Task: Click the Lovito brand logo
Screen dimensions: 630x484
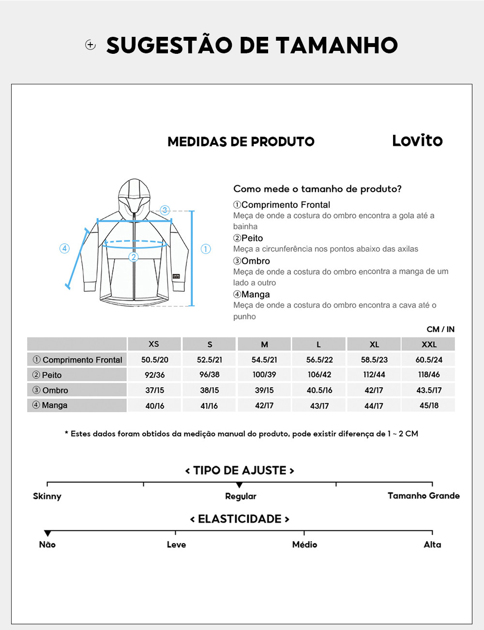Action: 417,141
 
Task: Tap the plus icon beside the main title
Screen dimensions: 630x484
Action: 91,45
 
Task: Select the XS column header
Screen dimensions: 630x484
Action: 154,344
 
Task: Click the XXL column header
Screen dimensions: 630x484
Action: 429,344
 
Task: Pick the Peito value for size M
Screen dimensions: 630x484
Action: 264,375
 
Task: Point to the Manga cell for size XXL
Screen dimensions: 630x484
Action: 429,406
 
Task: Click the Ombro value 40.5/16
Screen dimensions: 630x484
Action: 319,390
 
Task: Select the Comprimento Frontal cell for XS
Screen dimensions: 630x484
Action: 155,360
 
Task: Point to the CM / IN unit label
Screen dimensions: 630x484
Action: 440,330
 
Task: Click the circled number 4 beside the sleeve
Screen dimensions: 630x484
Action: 64,249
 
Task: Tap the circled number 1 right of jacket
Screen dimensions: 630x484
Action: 206,249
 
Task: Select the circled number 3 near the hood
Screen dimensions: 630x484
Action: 165,210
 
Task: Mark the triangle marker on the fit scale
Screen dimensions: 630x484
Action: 240,485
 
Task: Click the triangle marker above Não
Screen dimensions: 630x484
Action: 47,533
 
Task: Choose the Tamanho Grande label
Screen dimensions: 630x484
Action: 423,496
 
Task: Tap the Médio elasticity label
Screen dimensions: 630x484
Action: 304,545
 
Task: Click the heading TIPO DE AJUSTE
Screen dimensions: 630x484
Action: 240,471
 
